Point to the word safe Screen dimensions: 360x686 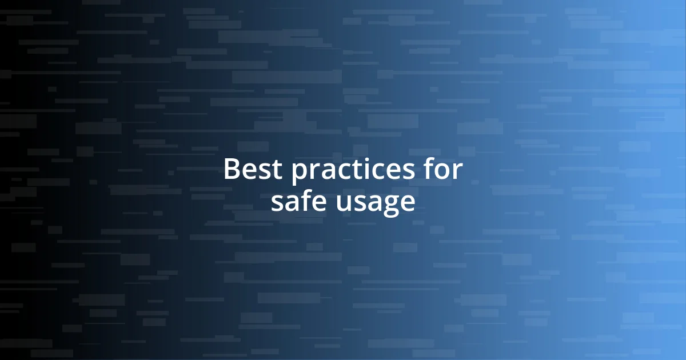300,202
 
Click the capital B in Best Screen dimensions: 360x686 231,170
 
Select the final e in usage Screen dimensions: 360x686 407,204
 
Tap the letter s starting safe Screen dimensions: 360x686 277,204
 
